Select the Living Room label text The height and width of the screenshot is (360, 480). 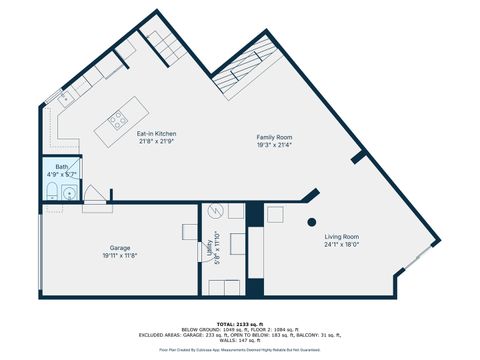click(x=341, y=237)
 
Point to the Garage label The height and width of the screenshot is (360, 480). click(x=120, y=247)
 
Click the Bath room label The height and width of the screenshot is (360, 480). click(x=61, y=167)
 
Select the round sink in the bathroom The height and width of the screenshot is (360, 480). click(x=68, y=193)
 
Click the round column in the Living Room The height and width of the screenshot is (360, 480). click(x=312, y=221)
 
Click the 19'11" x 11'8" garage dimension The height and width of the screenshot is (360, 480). click(x=120, y=255)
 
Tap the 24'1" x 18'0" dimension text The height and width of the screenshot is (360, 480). click(x=341, y=245)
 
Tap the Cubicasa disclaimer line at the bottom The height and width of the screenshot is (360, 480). click(x=240, y=350)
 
